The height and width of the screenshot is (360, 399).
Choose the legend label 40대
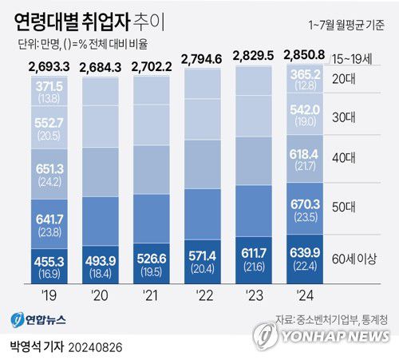coord(347,158)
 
